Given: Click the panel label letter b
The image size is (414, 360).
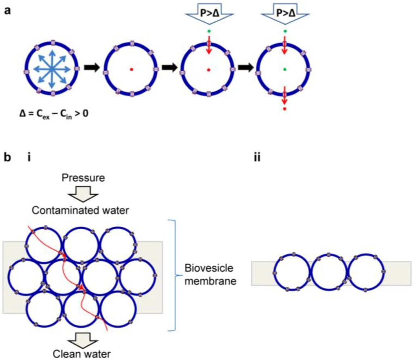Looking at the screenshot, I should click(7, 158).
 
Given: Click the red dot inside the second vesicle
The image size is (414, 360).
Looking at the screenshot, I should click(131, 70).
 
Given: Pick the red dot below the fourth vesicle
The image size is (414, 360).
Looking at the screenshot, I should click(285, 109).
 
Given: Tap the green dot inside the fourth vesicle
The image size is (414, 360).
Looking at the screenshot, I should click(285, 70).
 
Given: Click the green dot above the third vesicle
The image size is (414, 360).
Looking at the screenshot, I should click(208, 31).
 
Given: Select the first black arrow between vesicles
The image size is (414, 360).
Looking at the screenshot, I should click(91, 70).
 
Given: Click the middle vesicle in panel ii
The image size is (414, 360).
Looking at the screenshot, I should click(328, 272).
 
